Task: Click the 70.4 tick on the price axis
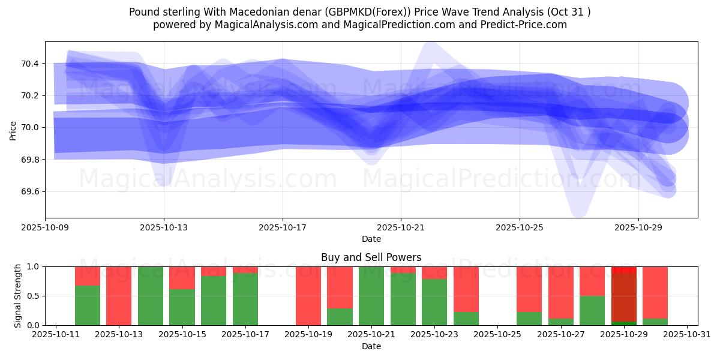(30, 64)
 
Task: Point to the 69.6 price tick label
(30, 192)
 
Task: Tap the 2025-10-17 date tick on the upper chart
(283, 228)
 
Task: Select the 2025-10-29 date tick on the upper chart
(638, 228)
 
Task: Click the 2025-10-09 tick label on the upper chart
(46, 228)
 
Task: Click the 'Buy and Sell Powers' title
(371, 257)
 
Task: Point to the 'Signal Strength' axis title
(18, 295)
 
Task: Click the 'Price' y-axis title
(13, 130)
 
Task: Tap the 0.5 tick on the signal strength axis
(33, 296)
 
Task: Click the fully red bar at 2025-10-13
(119, 296)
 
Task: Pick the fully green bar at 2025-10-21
(371, 296)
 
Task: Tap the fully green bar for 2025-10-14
(151, 296)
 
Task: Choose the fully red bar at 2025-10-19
(308, 296)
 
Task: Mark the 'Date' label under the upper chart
(371, 239)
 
